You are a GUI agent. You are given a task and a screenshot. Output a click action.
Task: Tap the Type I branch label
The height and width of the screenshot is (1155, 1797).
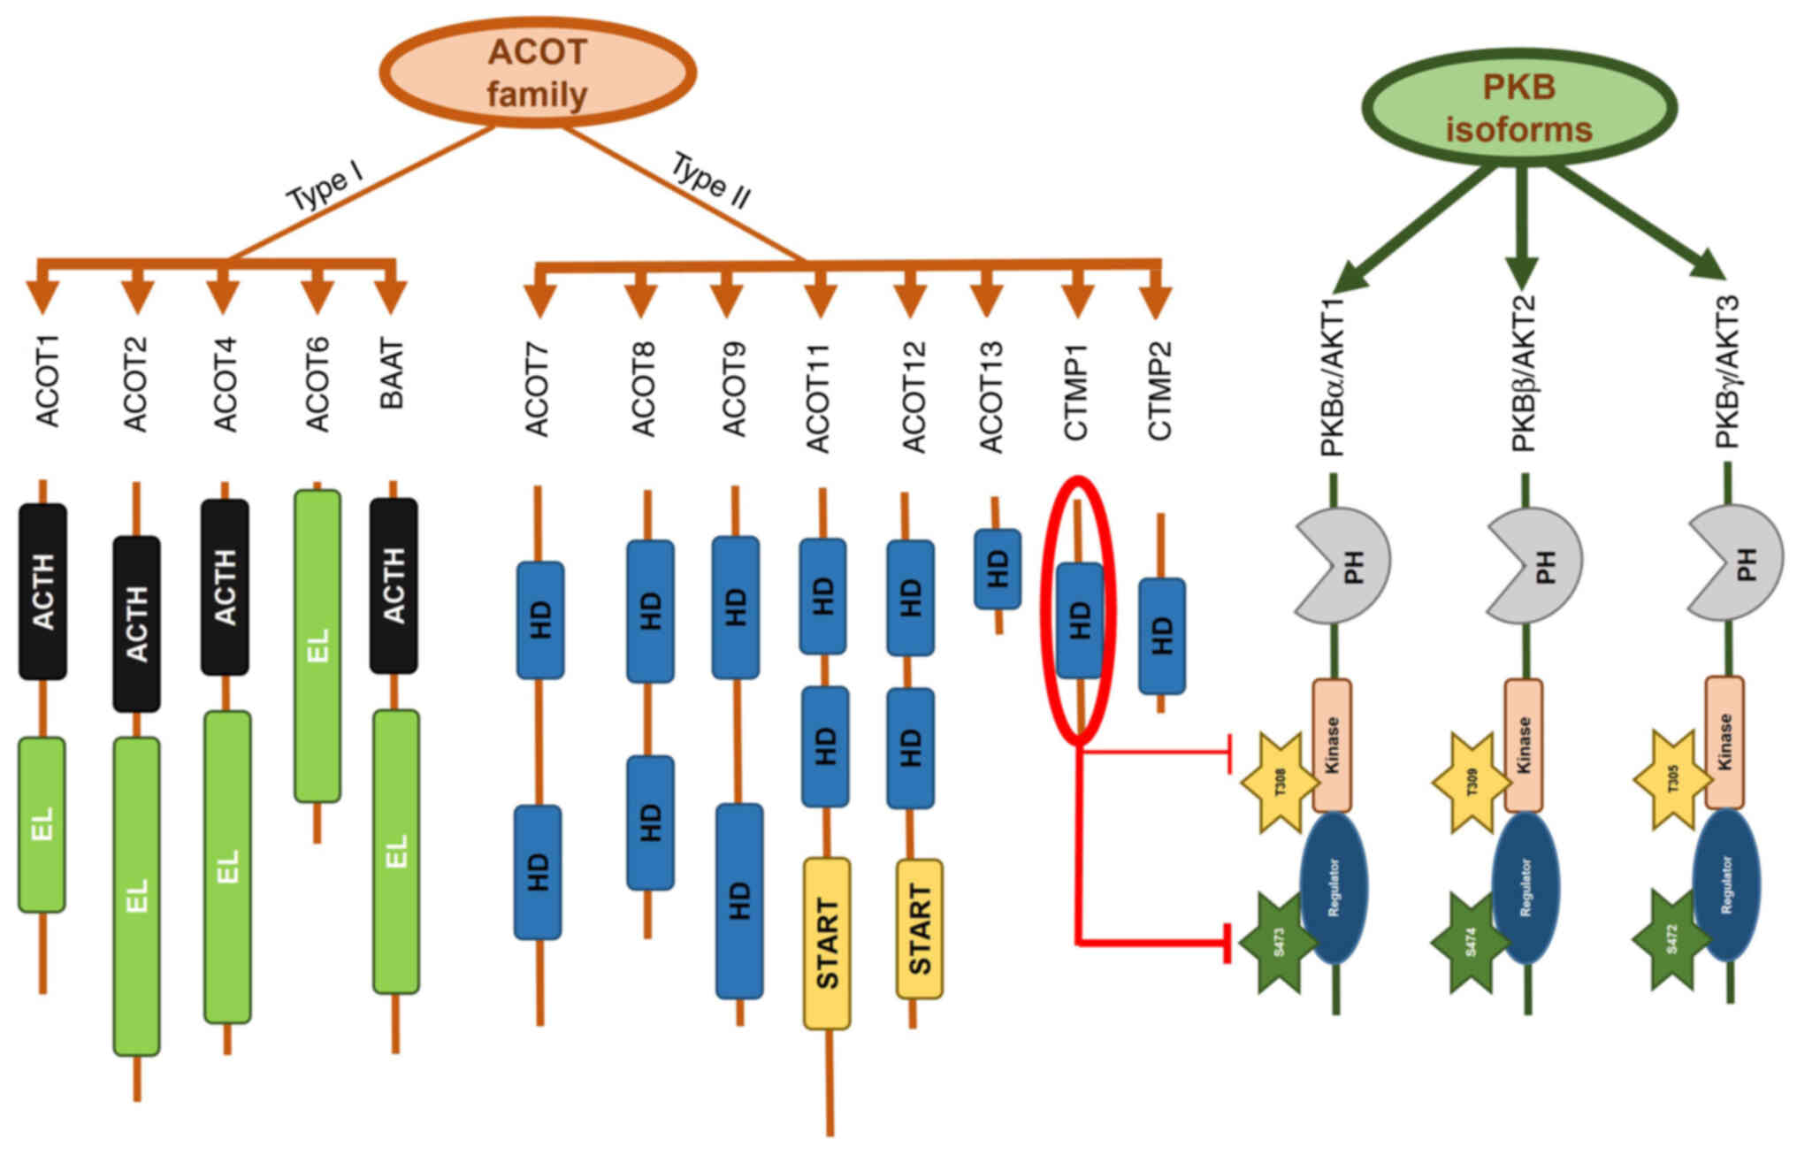click(x=325, y=186)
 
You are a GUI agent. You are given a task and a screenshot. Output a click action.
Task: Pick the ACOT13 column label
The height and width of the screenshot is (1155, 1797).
click(x=991, y=396)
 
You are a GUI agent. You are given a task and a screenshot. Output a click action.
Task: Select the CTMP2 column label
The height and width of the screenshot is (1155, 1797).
click(x=1159, y=390)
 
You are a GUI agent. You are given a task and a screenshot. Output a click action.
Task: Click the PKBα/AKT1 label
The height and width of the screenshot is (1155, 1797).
click(x=1333, y=377)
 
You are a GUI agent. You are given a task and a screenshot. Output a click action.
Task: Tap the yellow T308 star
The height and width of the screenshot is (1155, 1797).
click(x=1280, y=784)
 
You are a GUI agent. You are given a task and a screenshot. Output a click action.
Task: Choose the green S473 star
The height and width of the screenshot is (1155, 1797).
click(x=1279, y=943)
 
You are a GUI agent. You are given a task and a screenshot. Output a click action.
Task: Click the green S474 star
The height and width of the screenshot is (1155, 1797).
click(x=1471, y=943)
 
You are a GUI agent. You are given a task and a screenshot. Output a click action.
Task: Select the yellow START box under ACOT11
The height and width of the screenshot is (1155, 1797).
click(x=827, y=943)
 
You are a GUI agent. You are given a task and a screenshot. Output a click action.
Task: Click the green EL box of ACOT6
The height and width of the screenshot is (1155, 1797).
click(x=317, y=646)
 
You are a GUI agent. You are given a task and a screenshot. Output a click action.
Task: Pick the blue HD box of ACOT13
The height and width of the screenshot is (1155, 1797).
click(x=998, y=569)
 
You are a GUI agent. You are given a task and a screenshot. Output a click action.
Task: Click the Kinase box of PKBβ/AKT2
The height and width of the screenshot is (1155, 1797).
click(x=1524, y=745)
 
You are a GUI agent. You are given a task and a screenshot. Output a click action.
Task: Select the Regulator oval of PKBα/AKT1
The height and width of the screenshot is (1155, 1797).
click(x=1334, y=886)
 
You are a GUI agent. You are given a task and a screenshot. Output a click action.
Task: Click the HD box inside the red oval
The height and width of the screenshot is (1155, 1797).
click(x=1080, y=620)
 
